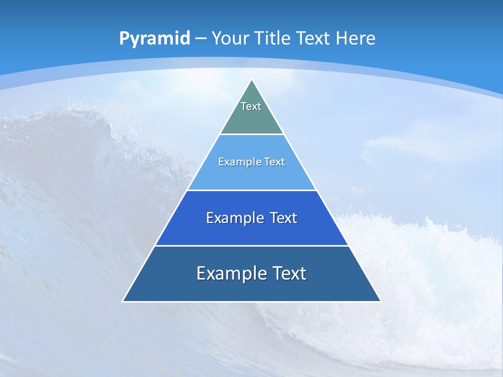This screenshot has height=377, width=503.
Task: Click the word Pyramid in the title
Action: pyautogui.click(x=155, y=39)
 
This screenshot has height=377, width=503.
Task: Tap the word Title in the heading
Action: pyautogui.click(x=272, y=38)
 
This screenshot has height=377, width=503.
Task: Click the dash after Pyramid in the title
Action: pyautogui.click(x=200, y=39)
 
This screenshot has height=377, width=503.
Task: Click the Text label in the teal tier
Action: pyautogui.click(x=251, y=106)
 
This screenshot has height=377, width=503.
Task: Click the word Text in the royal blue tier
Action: pyautogui.click(x=283, y=218)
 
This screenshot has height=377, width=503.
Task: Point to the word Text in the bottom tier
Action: pyautogui.click(x=289, y=273)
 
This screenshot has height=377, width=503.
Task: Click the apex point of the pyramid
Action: pyautogui.click(x=252, y=80)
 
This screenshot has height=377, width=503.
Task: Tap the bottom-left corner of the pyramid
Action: pyautogui.click(x=123, y=301)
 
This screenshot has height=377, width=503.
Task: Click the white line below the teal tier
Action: pyautogui.click(x=251, y=135)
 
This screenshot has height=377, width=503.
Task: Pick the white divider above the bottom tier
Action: pyautogui.click(x=251, y=246)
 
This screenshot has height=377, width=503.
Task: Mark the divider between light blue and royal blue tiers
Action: pyautogui.click(x=251, y=190)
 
